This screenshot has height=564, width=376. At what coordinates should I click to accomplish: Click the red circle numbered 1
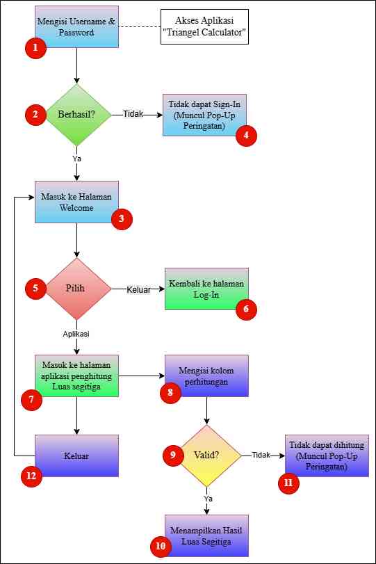(x=35, y=47)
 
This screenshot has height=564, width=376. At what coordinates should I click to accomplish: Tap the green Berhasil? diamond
(x=76, y=115)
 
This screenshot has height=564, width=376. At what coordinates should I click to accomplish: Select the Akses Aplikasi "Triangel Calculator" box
(x=204, y=27)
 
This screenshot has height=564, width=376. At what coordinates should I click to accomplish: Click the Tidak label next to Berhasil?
(x=133, y=114)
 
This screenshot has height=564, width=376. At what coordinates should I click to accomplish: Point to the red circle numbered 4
(x=246, y=135)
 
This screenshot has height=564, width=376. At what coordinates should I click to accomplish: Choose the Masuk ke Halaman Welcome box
(x=76, y=202)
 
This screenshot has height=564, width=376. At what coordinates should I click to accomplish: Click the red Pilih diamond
(x=76, y=289)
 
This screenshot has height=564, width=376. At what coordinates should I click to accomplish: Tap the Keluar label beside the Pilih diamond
(x=138, y=289)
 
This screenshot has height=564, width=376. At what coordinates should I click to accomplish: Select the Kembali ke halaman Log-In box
(x=206, y=289)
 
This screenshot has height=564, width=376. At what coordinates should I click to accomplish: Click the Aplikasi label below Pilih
(x=76, y=334)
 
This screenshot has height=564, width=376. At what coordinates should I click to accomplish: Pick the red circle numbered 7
(x=32, y=400)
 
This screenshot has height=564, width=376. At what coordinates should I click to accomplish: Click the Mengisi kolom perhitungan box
(x=206, y=376)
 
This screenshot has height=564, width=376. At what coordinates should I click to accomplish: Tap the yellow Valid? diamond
(x=206, y=456)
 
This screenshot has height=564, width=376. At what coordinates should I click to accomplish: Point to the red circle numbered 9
(x=173, y=455)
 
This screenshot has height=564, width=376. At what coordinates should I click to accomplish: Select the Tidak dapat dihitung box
(x=327, y=456)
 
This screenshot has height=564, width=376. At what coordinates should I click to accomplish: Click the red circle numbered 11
(x=288, y=483)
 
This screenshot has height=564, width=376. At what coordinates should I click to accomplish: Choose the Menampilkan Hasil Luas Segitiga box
(x=206, y=535)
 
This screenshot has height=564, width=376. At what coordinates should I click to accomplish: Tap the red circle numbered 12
(x=32, y=476)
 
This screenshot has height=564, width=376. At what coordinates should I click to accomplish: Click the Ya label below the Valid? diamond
(x=208, y=499)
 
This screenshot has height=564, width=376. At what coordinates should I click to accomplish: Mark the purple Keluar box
(x=76, y=456)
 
